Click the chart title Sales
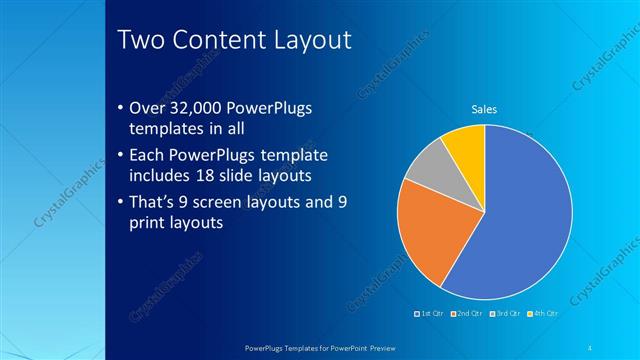484,109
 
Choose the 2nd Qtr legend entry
468,313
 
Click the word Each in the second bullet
149,156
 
